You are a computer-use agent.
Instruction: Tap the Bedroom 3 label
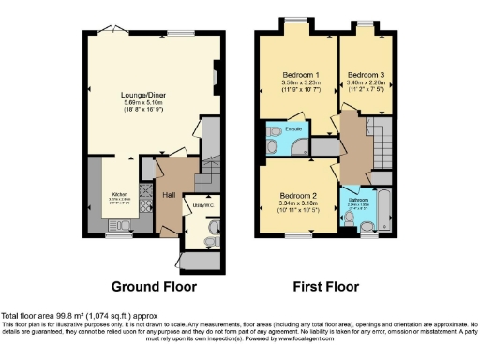pos(366,74)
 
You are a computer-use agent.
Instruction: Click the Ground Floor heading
pos(154,285)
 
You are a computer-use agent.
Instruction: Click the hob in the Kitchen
pos(145,198)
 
